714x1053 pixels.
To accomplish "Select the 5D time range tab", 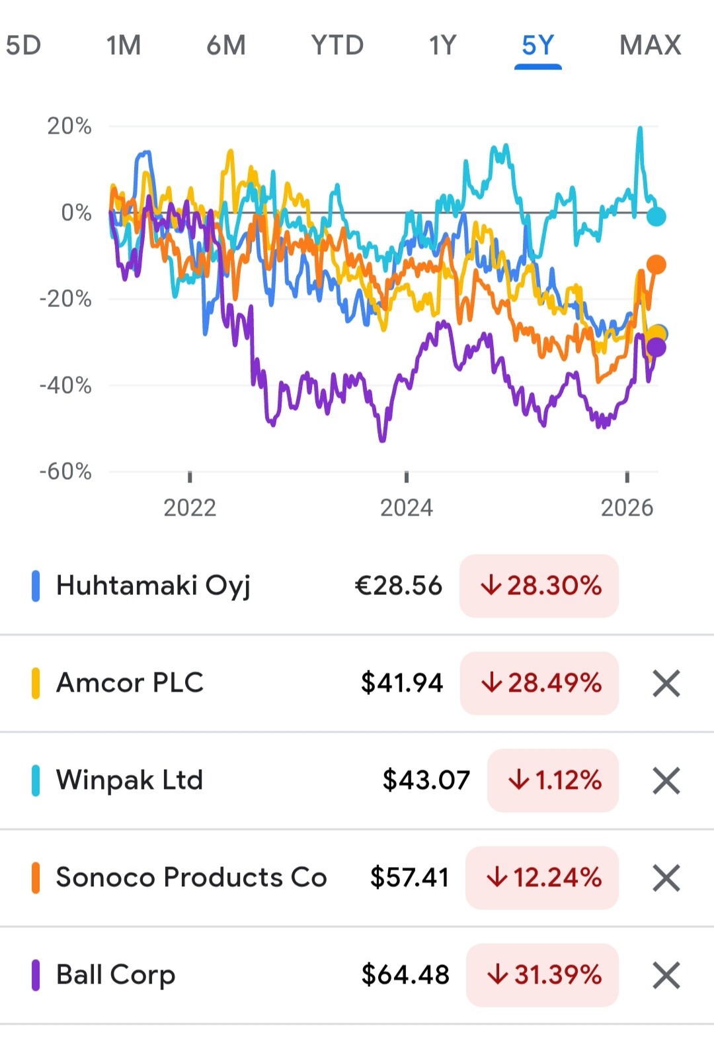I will (23, 45).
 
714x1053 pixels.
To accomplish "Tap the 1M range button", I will (124, 45).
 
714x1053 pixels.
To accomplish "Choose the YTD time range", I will (337, 45).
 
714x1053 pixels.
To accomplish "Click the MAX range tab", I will (650, 45).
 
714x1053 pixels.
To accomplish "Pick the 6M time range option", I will (226, 45).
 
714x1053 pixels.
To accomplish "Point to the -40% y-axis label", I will (65, 385).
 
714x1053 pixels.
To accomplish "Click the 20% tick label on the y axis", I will (69, 126).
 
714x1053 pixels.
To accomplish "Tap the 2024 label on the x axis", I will (406, 508).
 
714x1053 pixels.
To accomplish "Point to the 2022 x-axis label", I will (190, 508).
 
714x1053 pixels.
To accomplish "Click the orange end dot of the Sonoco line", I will (656, 265).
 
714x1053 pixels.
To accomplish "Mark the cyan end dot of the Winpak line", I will (656, 216).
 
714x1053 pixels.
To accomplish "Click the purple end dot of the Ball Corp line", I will (656, 347).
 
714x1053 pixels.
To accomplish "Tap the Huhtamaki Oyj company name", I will (153, 586).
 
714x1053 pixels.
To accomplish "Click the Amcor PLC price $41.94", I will (401, 683).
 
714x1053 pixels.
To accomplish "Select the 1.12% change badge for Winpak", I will (553, 780).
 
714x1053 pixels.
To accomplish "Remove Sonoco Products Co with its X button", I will (666, 878).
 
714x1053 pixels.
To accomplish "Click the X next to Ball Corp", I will (666, 975).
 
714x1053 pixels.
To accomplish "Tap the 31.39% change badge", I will (543, 975).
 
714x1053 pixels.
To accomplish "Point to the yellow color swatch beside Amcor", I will (36, 683).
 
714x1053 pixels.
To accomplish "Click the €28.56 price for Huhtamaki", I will (398, 586).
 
